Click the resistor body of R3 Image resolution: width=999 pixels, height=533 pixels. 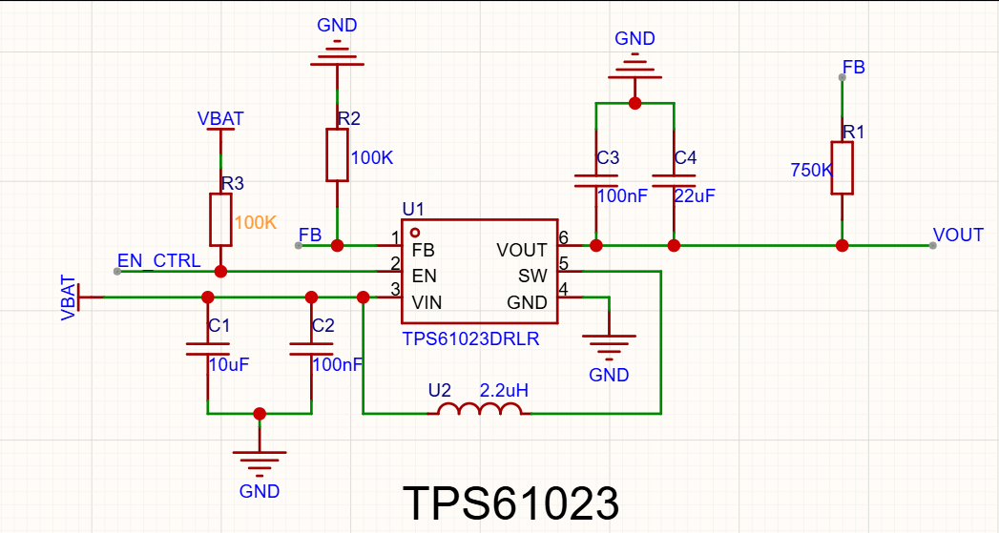tap(220, 219)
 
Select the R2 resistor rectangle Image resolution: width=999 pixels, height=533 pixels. tap(337, 155)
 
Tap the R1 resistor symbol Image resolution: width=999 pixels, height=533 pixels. tap(842, 168)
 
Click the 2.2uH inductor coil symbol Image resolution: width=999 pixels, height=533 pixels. tap(479, 409)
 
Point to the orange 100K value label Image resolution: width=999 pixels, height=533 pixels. tap(256, 223)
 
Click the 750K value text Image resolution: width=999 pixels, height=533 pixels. tap(811, 170)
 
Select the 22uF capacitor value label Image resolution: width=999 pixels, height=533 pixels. tap(695, 196)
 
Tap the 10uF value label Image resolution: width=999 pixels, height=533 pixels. tap(229, 365)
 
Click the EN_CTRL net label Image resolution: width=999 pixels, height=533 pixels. tap(158, 260)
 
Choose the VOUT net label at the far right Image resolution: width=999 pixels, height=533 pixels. tap(958, 235)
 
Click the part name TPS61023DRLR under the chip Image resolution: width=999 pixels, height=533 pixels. tap(470, 338)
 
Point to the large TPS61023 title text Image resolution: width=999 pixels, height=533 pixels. tap(511, 503)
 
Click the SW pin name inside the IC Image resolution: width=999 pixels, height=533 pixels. tap(532, 276)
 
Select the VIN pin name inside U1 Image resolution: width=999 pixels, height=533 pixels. tap(427, 302)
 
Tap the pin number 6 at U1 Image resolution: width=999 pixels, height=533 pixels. tap(563, 238)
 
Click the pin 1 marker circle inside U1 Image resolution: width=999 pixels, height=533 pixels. tap(415, 233)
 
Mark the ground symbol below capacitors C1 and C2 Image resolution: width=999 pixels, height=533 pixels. tap(260, 463)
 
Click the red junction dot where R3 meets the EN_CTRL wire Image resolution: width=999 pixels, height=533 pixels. tap(220, 272)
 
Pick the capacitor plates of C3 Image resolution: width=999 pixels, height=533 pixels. tap(595, 181)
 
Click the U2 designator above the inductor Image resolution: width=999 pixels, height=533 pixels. tap(440, 390)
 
